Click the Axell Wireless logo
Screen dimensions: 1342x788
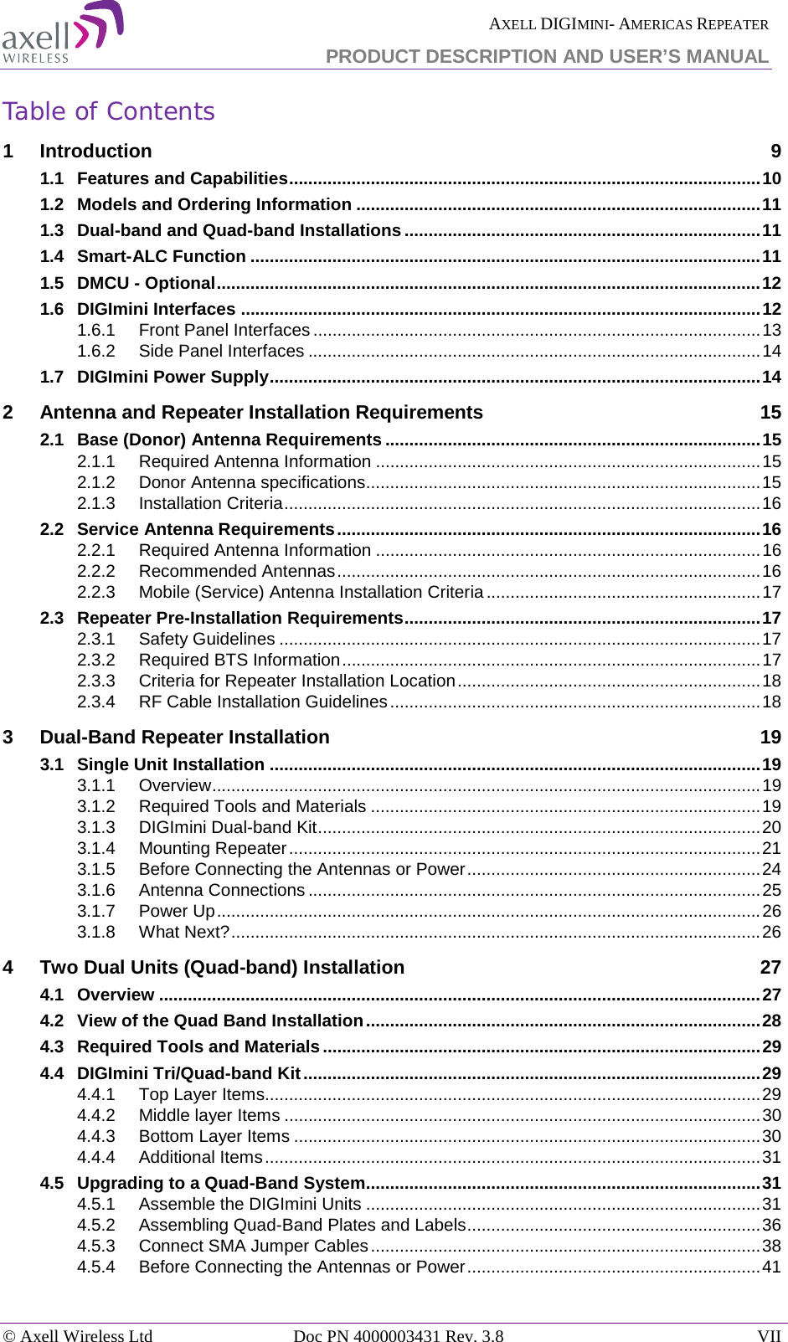(63, 33)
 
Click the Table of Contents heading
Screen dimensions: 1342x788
(109, 111)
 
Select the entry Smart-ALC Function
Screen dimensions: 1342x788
(162, 257)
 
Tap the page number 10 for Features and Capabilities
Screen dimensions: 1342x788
(771, 178)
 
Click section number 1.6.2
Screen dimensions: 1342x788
(95, 352)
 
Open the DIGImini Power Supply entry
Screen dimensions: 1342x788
(173, 378)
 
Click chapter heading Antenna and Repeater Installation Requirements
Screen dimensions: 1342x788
(261, 413)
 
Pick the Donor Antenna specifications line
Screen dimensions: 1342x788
(251, 483)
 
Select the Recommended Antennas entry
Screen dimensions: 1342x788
(237, 572)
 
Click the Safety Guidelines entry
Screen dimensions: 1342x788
(207, 640)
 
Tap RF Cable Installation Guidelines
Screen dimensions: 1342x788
(263, 702)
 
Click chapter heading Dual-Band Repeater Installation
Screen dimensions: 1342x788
(184, 738)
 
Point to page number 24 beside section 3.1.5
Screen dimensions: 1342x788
(771, 870)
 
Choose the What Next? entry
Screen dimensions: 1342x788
(183, 933)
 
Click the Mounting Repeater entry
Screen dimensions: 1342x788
(213, 849)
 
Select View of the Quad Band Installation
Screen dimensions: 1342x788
(219, 1021)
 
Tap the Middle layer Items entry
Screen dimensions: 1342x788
(209, 1116)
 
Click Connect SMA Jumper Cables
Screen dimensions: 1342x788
(253, 1247)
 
